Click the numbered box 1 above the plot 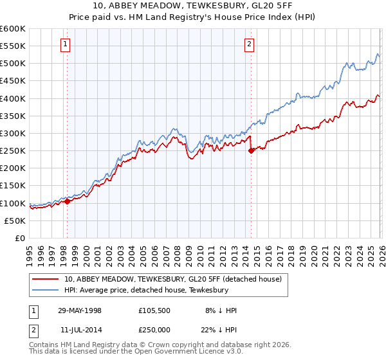point(66,44)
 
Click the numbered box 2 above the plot point(249,44)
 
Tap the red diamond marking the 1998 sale point(67,201)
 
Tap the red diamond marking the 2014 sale point(250,151)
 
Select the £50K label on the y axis point(15,221)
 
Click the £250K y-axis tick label point(13,151)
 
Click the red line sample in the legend point(46,279)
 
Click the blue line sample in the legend point(46,290)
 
